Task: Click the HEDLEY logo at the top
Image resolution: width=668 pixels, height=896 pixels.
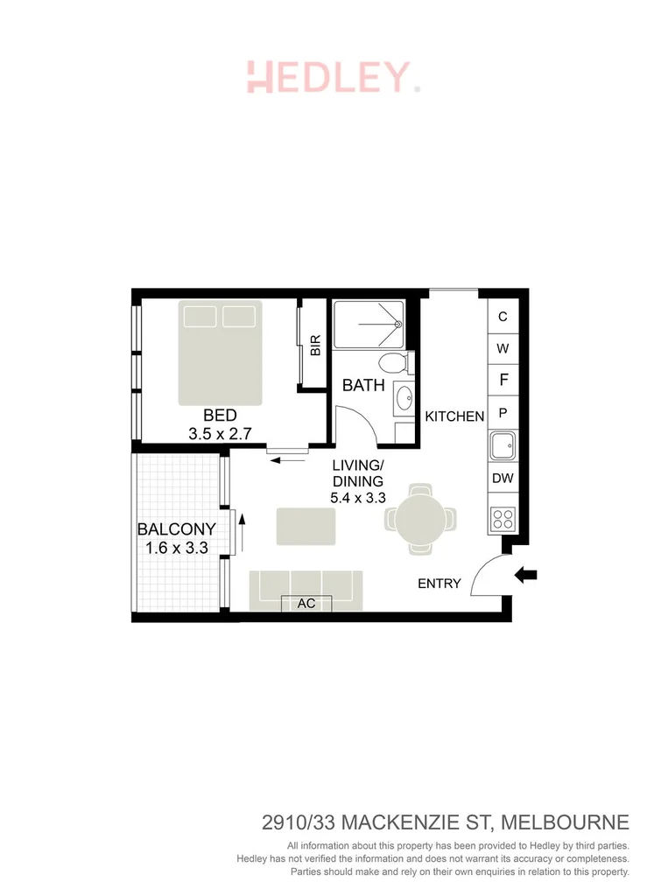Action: (333, 77)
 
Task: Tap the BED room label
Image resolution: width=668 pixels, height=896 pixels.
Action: (221, 416)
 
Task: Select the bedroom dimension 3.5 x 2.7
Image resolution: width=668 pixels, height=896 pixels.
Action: (221, 433)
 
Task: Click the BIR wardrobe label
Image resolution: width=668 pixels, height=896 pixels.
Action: (316, 345)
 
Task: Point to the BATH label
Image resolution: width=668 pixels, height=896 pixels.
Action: (363, 385)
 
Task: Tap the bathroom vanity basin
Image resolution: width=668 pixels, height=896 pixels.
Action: (404, 399)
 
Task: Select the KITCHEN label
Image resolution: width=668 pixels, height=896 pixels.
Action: (454, 416)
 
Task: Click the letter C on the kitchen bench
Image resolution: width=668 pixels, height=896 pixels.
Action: (503, 317)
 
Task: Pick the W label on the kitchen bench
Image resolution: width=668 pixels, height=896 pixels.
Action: (503, 348)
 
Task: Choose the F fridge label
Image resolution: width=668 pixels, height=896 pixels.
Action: (503, 380)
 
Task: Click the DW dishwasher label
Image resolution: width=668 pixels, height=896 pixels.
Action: (503, 478)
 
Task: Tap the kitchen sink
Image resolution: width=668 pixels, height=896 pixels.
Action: (503, 447)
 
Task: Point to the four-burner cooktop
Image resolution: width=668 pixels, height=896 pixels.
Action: (503, 519)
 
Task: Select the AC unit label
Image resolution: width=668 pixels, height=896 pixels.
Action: (306, 604)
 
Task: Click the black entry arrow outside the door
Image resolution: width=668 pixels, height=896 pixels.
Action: (526, 575)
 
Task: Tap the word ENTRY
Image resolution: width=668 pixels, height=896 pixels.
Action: (439, 583)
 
